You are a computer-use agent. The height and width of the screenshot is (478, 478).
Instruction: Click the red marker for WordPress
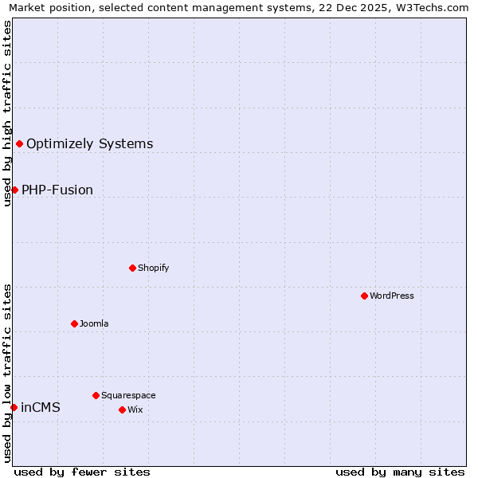[x=364, y=296]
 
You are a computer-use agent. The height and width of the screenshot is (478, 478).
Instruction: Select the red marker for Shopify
[x=132, y=268]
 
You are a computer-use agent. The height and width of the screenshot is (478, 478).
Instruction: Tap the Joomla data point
[x=74, y=323]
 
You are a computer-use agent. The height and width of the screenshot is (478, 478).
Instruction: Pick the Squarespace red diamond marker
[x=96, y=395]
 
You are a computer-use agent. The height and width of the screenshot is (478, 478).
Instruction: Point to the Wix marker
[x=122, y=409]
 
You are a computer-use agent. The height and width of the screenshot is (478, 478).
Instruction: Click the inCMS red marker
[x=14, y=407]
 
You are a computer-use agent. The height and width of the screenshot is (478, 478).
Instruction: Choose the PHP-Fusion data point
[x=14, y=190]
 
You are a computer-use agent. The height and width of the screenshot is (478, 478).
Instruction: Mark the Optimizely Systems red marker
[x=19, y=143]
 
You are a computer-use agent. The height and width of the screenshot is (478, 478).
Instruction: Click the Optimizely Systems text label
[x=89, y=144]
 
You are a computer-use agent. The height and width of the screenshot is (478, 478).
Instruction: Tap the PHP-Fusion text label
[x=57, y=190]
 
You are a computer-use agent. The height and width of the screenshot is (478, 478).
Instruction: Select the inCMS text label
[x=41, y=408]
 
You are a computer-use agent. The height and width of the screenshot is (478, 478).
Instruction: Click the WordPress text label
[x=392, y=296]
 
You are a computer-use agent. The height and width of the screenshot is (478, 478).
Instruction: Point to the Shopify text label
[x=154, y=268]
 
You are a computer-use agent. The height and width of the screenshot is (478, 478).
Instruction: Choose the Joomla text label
[x=94, y=324]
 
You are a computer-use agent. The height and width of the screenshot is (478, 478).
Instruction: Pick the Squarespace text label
[x=128, y=396]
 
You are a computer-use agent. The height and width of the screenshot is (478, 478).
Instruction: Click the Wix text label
[x=135, y=410]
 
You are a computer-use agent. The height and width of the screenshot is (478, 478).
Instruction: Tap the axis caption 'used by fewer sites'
[x=82, y=472]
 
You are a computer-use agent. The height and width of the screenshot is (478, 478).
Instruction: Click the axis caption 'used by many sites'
[x=400, y=472]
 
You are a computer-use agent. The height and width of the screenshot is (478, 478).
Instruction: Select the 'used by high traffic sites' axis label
[x=7, y=113]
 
